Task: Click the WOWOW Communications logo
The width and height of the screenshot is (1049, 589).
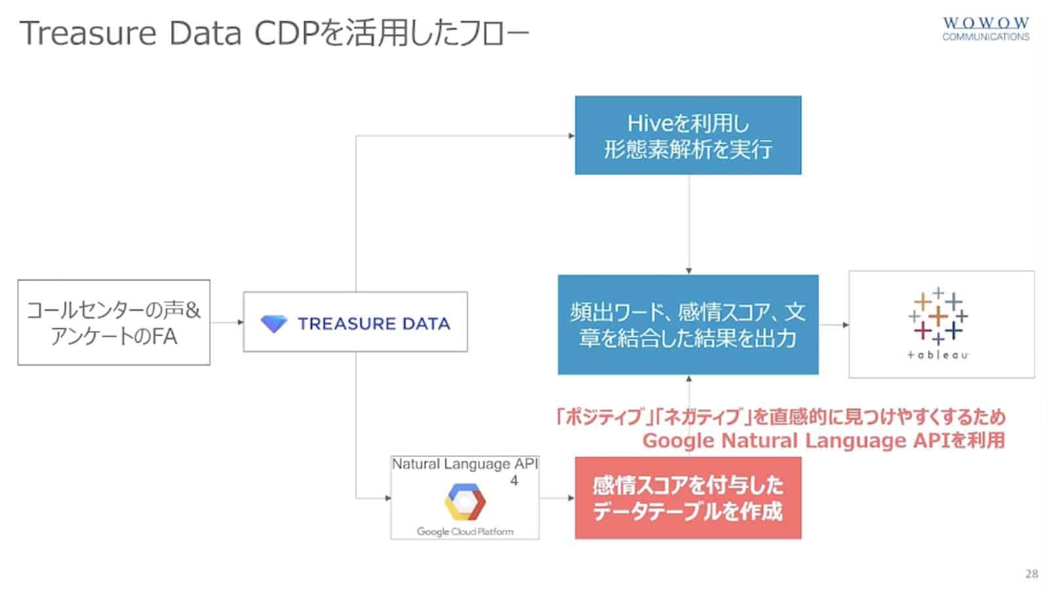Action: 985,29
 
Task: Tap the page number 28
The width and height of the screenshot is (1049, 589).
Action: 1031,574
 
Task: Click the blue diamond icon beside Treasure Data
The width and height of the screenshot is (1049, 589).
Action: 273,323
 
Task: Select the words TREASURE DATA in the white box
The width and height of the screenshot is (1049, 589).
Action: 374,323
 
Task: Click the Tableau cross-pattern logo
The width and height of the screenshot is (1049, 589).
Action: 939,315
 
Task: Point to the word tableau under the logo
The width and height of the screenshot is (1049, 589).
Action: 938,355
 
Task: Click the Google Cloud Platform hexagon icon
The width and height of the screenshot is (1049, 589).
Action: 464,502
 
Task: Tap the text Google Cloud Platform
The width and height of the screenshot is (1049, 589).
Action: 465,531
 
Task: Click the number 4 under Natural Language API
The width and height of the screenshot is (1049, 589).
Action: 514,481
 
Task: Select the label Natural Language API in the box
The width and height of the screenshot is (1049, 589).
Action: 464,464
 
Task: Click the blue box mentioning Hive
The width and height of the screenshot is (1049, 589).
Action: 688,135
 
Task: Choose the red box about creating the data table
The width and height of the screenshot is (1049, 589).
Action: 688,498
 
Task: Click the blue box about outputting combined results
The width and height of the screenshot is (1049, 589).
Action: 688,325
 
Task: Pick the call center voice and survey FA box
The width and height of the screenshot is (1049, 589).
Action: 113,322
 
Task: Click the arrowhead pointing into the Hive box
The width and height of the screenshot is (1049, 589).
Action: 571,136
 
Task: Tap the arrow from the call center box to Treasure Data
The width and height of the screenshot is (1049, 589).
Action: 227,322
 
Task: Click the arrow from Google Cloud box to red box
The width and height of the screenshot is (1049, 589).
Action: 557,498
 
